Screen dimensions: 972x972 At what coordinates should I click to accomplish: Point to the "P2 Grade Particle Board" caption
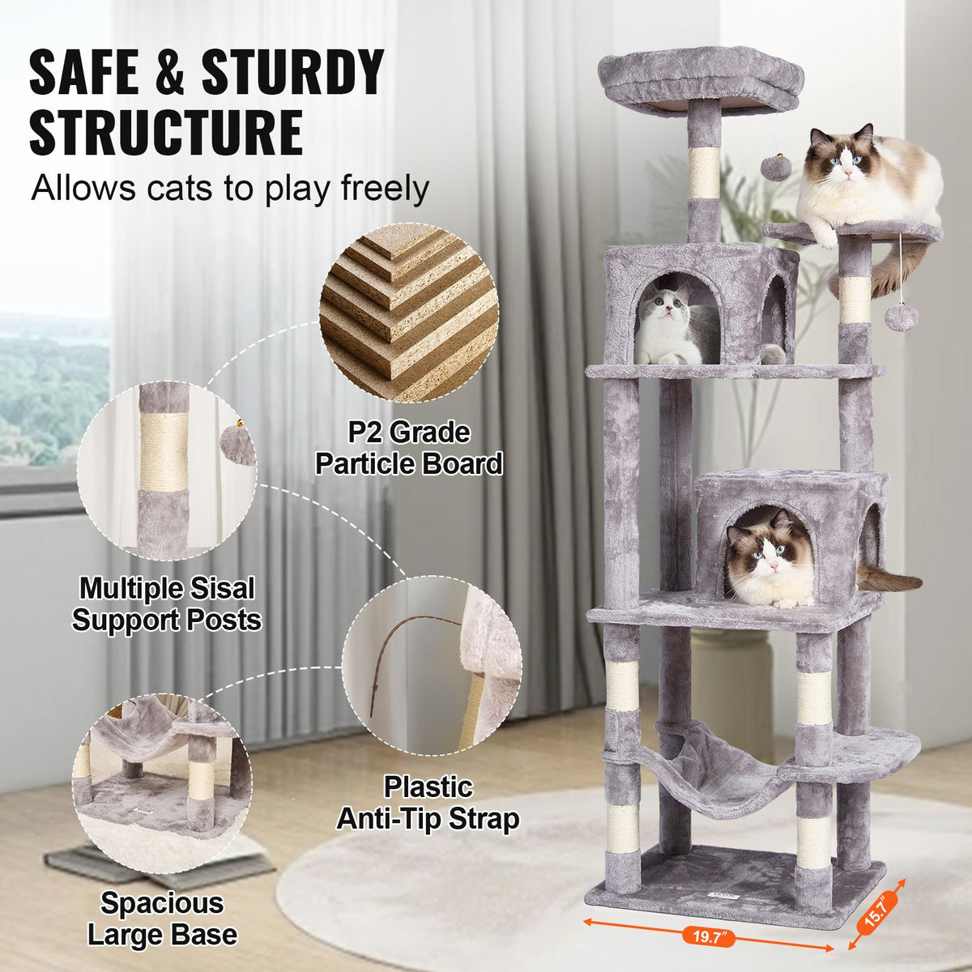coord(409,448)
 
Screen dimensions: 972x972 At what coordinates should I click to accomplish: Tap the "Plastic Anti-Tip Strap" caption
coord(428,802)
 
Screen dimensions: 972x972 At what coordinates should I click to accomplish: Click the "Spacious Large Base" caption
coord(162,919)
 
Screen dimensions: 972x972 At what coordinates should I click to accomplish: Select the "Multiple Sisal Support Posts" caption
coord(166,603)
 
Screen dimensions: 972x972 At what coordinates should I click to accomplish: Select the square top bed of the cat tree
coord(701,81)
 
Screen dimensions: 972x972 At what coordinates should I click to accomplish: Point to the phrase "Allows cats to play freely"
coord(229,188)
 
